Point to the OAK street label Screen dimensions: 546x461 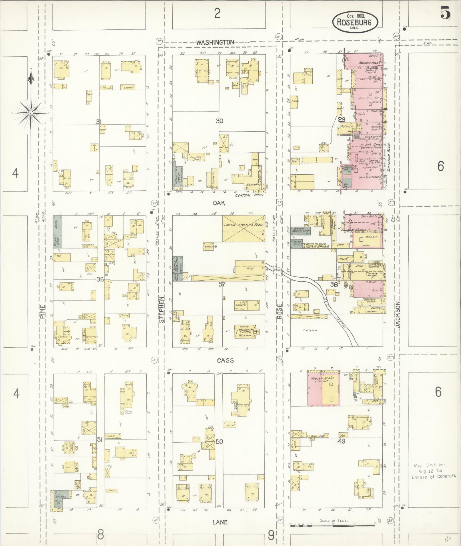pos(219,203)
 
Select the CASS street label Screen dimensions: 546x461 pos(225,360)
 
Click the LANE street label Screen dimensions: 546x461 pos(220,522)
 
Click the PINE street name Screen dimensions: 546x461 pos(43,312)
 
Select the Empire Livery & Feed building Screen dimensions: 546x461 pos(244,228)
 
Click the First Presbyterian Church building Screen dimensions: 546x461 pos(245,332)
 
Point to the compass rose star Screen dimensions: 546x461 pos(31,113)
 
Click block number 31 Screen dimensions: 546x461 pos(99,122)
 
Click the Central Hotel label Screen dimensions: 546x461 pos(250,195)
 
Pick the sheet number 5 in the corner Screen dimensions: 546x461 pos(445,13)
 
